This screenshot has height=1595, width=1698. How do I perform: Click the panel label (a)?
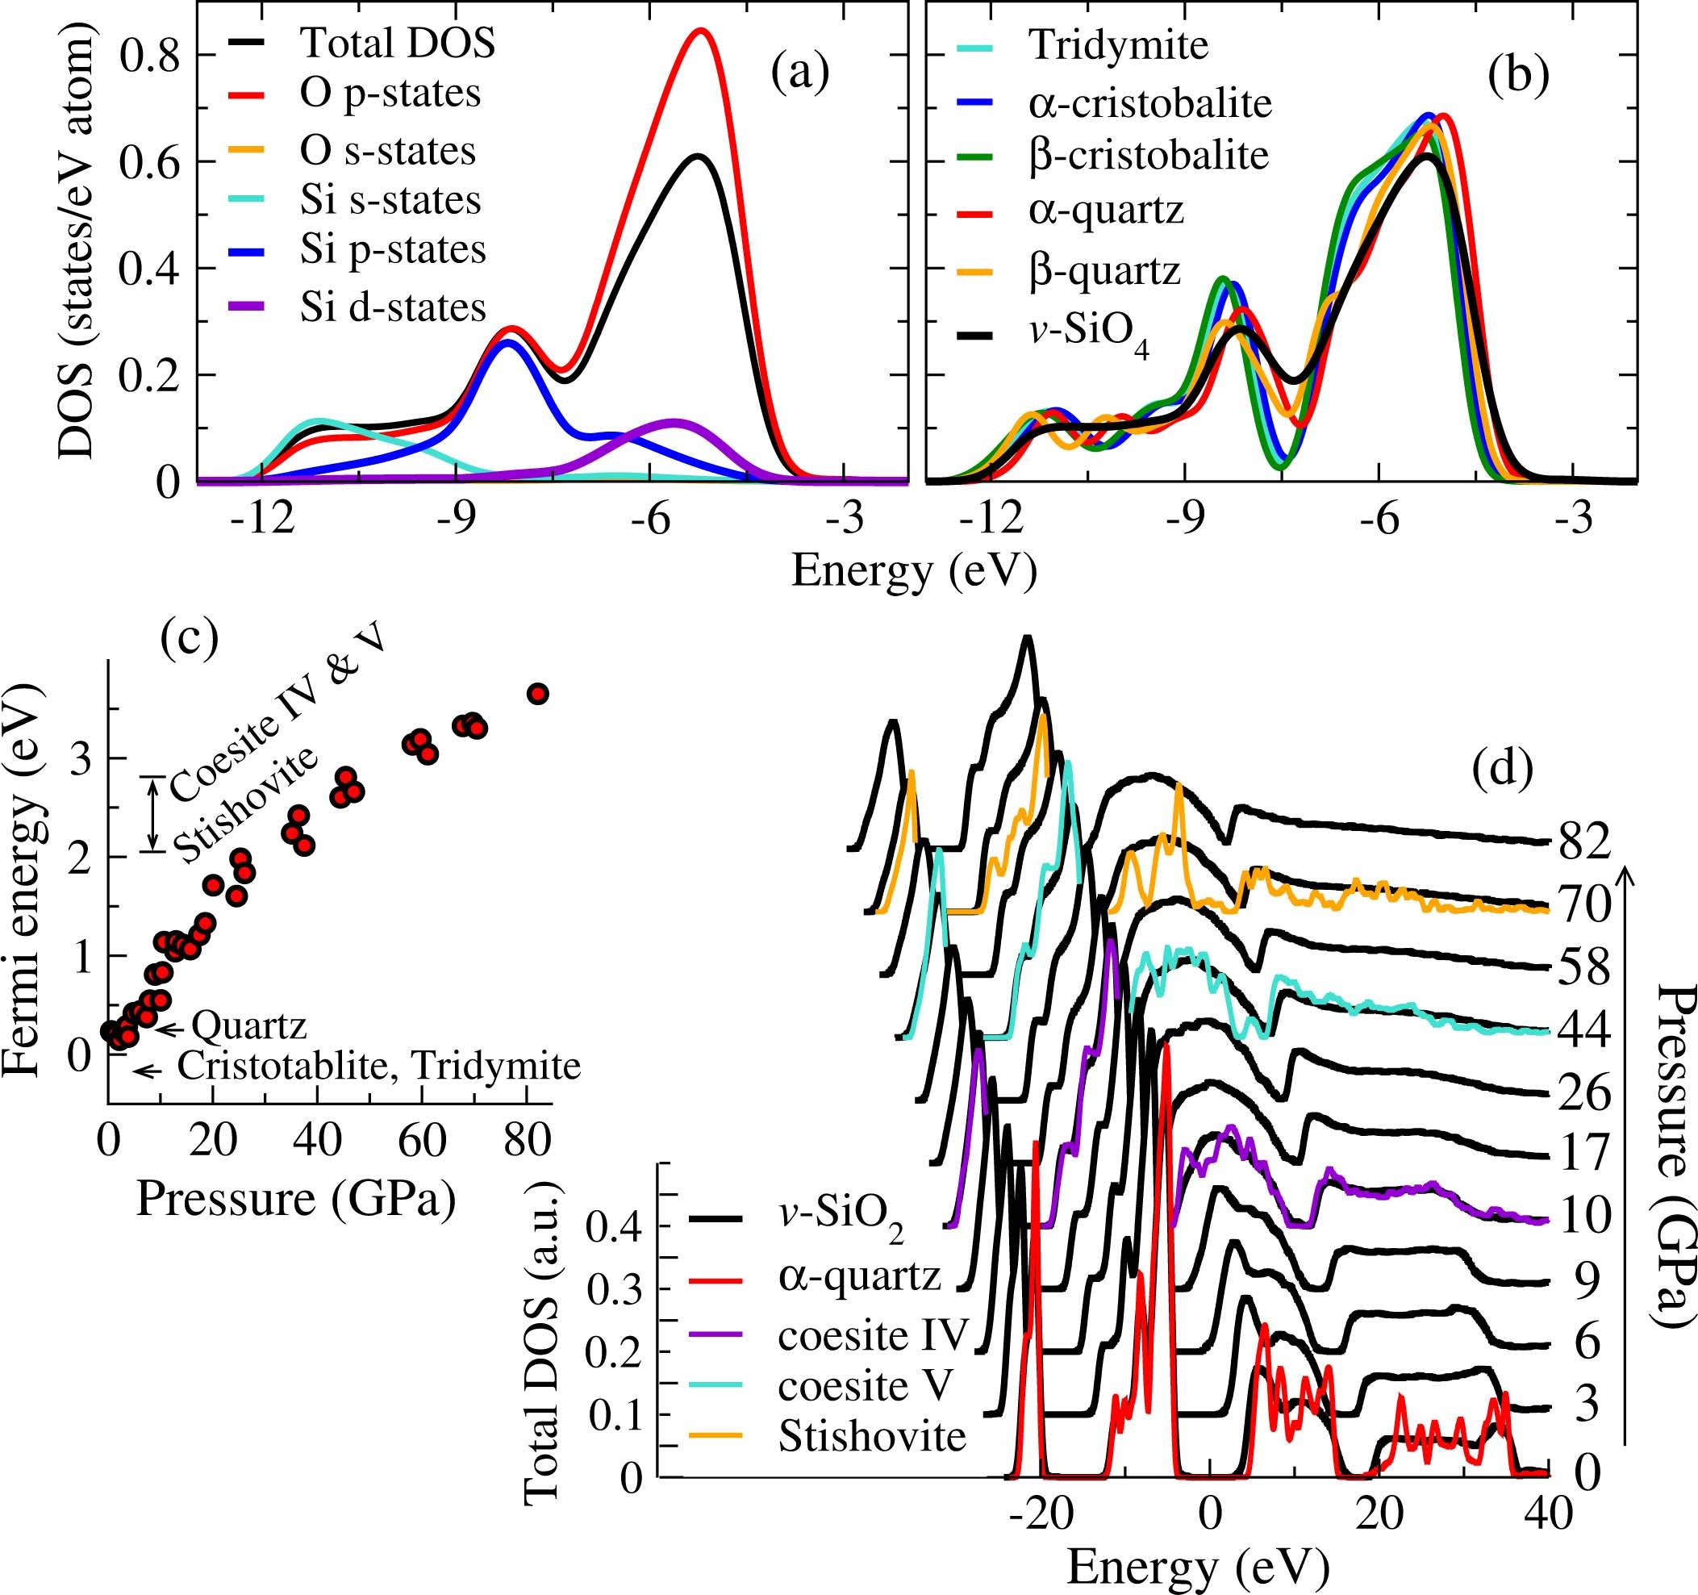point(799,73)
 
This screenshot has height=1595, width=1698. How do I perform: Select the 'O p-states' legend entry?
point(390,93)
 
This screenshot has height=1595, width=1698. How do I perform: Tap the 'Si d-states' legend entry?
point(392,307)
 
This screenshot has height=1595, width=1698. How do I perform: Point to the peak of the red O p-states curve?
point(701,31)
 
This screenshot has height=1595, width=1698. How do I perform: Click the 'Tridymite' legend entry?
point(1118,45)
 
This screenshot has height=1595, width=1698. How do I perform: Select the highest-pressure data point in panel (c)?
point(537,694)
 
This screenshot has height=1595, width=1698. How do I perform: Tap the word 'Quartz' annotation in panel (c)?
point(248,1026)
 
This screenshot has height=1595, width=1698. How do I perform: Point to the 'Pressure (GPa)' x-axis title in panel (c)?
point(295,1199)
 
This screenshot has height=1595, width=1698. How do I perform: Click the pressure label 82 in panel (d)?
point(1583,841)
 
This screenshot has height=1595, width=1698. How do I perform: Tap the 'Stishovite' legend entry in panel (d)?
point(871,1437)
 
